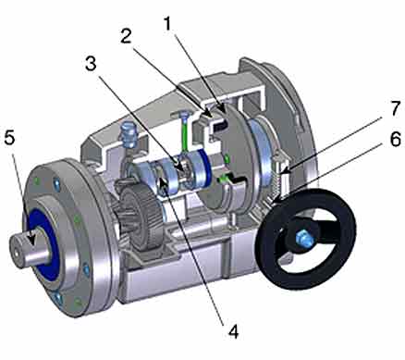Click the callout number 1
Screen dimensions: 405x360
[x=168, y=24]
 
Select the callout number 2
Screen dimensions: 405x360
[x=126, y=36]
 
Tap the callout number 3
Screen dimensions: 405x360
[x=91, y=64]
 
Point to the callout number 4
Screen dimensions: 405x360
[x=233, y=332]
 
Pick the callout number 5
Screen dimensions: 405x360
[x=9, y=138]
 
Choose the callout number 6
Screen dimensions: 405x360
[x=395, y=139]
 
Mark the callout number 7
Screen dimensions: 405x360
[x=396, y=108]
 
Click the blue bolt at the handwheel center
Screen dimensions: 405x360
[x=304, y=238]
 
